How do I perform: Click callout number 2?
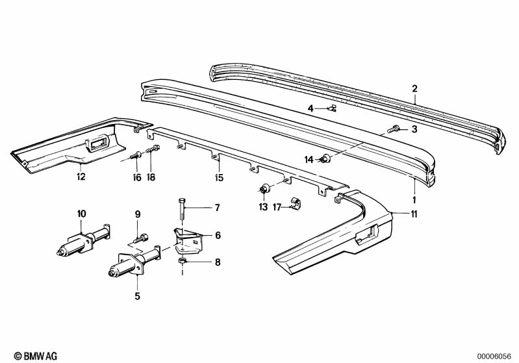click(x=414, y=89)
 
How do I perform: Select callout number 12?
click(x=80, y=176)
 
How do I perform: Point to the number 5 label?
click(x=137, y=297)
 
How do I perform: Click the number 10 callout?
click(x=81, y=213)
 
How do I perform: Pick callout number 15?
click(x=219, y=177)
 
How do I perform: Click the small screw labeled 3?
click(x=392, y=130)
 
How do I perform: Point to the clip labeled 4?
click(x=331, y=108)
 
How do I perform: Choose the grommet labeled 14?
click(x=325, y=158)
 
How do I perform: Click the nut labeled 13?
click(x=264, y=189)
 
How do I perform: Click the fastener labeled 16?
click(x=136, y=156)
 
